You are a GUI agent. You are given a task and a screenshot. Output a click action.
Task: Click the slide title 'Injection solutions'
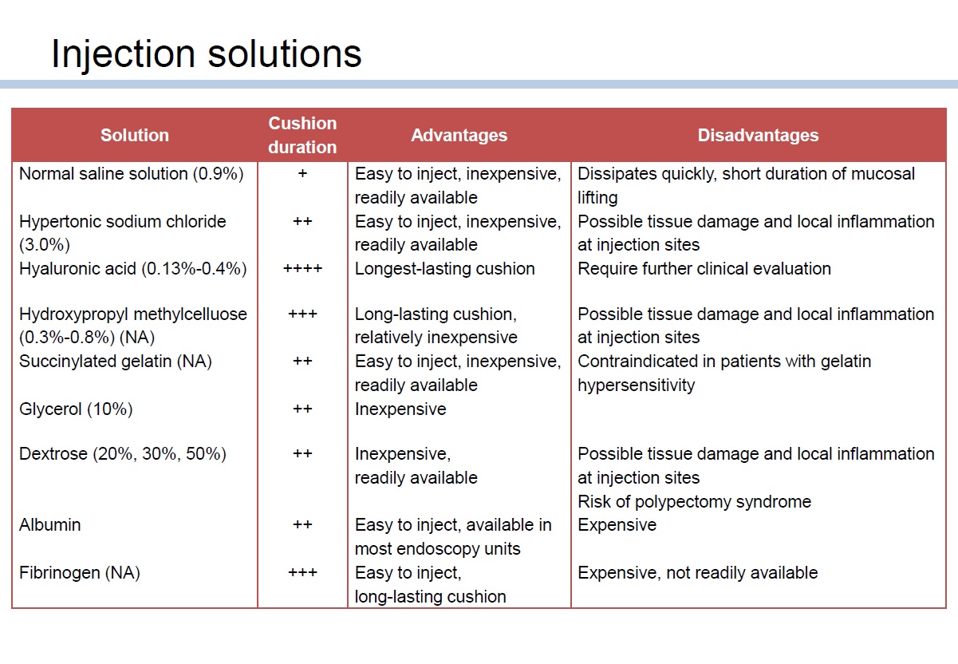click(x=207, y=55)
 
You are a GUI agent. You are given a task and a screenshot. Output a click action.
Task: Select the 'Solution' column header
click(x=135, y=135)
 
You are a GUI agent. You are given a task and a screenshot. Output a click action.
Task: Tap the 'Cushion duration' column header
click(x=302, y=135)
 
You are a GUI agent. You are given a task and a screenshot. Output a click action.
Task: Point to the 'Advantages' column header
click(x=459, y=135)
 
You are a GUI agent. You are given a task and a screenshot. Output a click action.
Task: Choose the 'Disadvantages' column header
click(x=759, y=135)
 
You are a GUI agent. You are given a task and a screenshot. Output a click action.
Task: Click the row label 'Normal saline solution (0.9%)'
click(x=132, y=174)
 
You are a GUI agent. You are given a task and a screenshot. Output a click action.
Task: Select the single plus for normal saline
click(x=302, y=173)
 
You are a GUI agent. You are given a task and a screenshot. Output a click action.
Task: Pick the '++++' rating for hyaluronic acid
click(x=302, y=269)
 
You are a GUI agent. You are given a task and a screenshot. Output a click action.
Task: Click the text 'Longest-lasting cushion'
click(x=445, y=269)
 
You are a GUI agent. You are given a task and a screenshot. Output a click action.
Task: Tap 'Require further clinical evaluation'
click(x=704, y=269)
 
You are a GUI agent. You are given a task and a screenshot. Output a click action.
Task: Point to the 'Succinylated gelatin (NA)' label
click(x=116, y=362)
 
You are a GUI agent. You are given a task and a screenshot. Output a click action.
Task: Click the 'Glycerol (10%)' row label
click(x=76, y=409)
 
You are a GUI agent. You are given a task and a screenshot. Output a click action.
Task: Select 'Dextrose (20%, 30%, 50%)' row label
click(x=123, y=454)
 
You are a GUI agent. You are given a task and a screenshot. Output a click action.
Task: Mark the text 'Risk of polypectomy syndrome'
click(x=695, y=502)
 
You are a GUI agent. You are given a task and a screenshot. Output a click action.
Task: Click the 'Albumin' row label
click(x=50, y=525)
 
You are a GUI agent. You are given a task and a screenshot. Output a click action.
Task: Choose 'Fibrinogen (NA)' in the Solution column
click(x=80, y=573)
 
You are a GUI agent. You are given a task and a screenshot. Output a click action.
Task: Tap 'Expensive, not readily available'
click(x=697, y=573)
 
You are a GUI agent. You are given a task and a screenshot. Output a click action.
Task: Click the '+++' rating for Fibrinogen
click(x=302, y=572)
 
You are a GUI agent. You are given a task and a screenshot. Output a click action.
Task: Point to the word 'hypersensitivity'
click(x=637, y=385)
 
